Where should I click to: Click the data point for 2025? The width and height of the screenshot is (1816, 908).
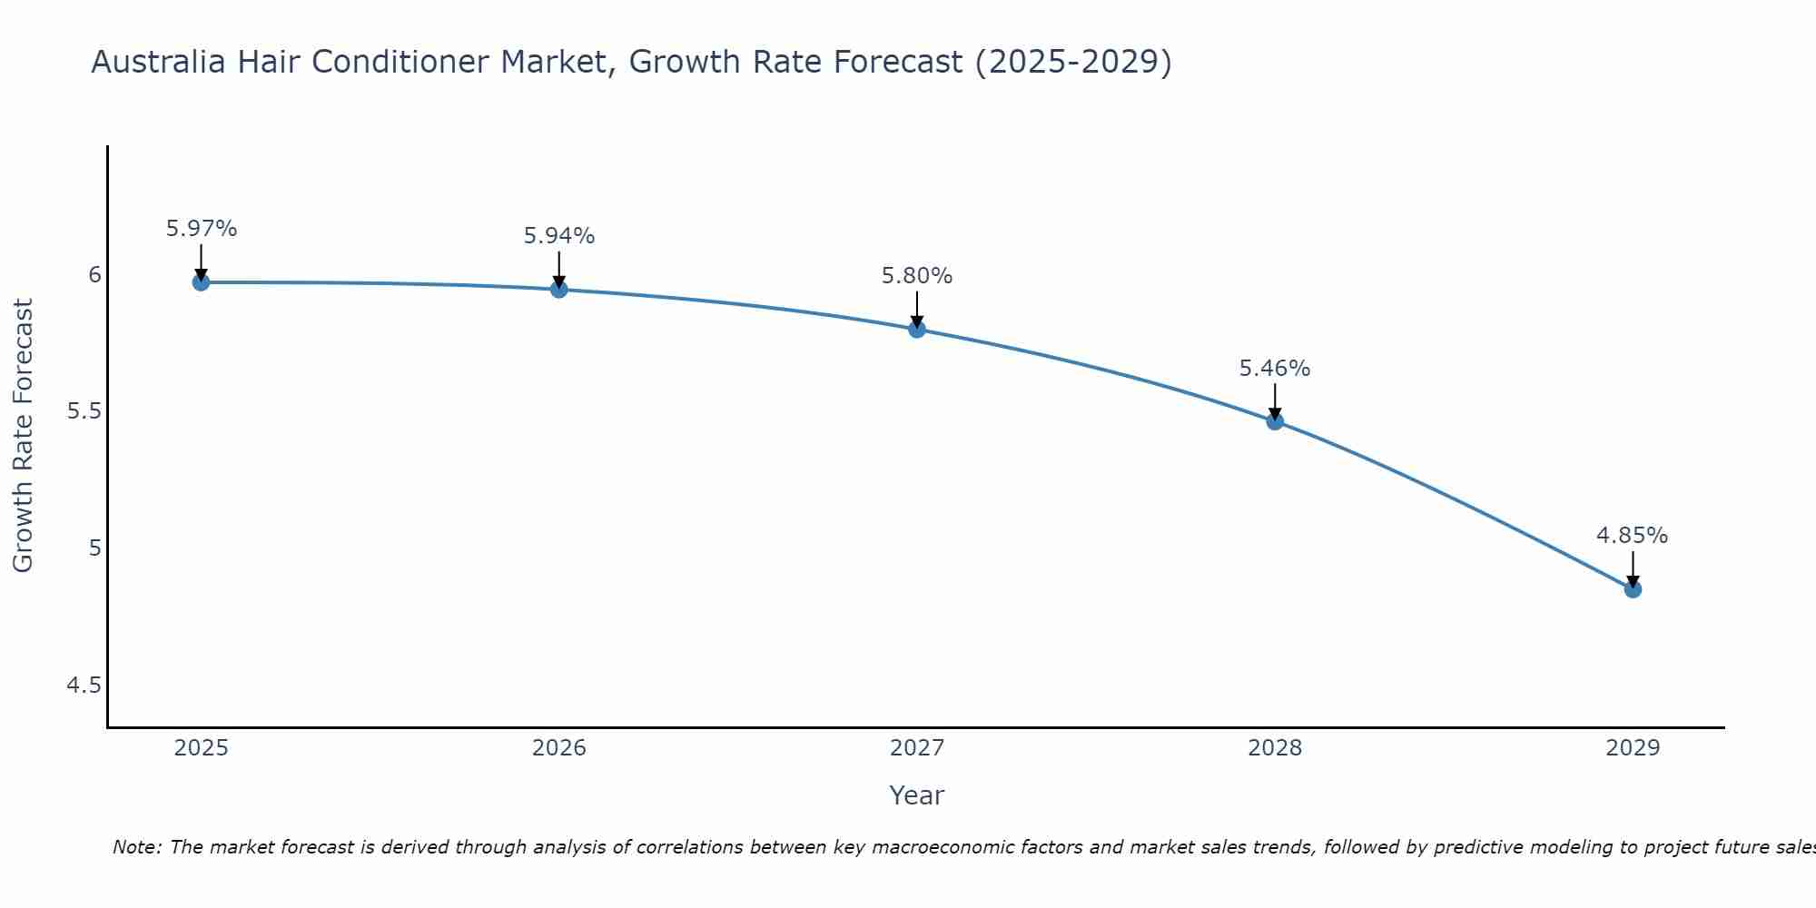pos(201,282)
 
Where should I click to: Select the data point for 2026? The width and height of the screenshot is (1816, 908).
pos(559,290)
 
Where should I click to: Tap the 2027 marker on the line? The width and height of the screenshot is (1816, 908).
pos(917,329)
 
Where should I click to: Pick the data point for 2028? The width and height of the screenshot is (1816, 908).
pos(1275,421)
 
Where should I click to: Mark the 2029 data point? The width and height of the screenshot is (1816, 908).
pos(1633,589)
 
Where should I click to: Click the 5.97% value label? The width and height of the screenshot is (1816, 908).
pos(201,229)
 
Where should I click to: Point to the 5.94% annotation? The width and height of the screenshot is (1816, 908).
pos(559,236)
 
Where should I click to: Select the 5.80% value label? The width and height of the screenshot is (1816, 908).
pos(917,276)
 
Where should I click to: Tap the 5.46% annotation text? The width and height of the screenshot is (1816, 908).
pos(1275,369)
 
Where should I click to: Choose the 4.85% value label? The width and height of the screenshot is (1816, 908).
pos(1633,536)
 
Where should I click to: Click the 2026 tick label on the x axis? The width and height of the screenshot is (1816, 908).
pos(559,748)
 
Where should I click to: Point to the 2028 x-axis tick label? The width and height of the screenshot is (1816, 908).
pos(1275,748)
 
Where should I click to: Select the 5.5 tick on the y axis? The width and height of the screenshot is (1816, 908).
pos(84,411)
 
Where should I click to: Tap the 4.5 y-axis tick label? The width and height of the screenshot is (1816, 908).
pos(84,686)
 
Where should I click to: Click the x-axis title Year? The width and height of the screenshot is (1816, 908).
pos(917,795)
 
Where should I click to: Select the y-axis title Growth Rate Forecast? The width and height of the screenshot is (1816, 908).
pos(23,436)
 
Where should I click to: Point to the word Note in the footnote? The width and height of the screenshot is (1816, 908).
pos(136,847)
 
